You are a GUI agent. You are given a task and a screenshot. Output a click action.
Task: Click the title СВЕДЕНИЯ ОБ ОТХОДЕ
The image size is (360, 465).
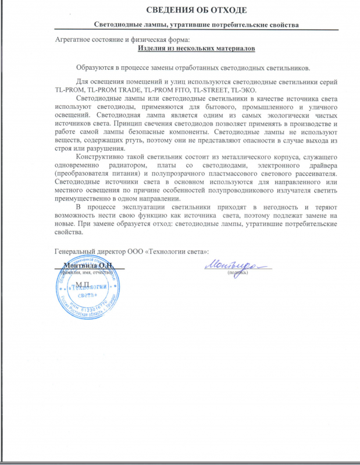pyautogui.click(x=180, y=10)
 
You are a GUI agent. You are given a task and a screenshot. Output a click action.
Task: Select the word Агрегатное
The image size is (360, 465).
pyautogui.click(x=74, y=39)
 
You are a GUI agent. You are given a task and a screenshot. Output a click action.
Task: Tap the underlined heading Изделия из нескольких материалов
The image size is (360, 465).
pyautogui.click(x=180, y=48)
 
